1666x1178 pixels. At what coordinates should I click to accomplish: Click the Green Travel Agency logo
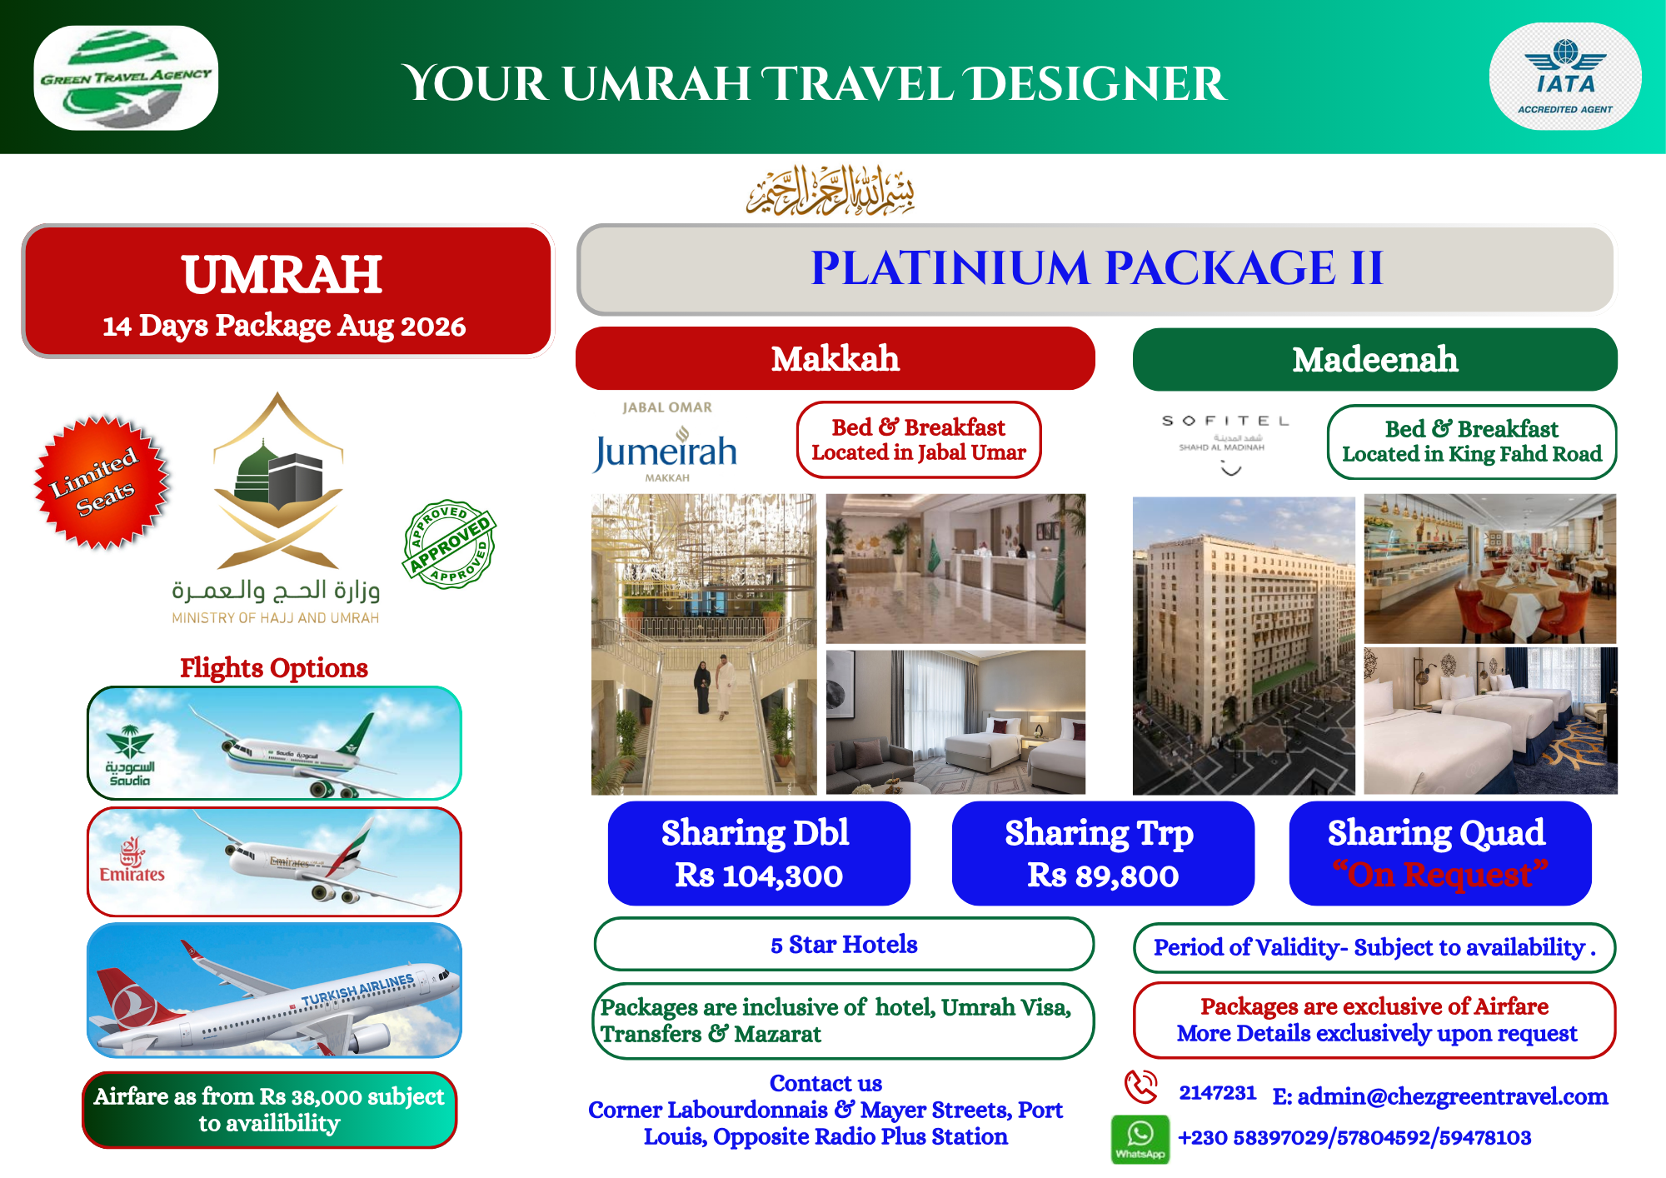point(126,77)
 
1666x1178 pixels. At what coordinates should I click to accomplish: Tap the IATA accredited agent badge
point(1565,77)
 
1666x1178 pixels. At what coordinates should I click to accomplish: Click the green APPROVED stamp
point(450,544)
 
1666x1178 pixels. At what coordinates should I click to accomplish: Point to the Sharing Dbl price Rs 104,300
point(759,876)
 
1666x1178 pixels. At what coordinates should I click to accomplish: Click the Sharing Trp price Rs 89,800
point(1103,876)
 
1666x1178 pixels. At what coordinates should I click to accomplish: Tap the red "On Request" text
point(1440,875)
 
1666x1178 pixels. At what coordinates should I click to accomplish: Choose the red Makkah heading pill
point(835,358)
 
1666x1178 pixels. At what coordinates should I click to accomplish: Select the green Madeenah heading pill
point(1374,359)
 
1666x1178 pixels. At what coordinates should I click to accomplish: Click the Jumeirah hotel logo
point(666,442)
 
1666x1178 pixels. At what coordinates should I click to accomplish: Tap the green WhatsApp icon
point(1140,1139)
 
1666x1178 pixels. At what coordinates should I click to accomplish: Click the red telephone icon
point(1140,1087)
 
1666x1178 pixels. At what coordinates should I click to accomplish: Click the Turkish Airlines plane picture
point(274,990)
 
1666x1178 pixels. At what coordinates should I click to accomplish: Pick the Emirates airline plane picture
point(274,861)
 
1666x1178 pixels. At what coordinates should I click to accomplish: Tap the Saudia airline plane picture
point(274,743)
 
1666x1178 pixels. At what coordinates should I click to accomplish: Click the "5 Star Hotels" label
point(844,944)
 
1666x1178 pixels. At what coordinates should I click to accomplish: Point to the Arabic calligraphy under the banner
point(831,190)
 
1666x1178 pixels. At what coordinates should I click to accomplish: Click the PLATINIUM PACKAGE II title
point(1097,268)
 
